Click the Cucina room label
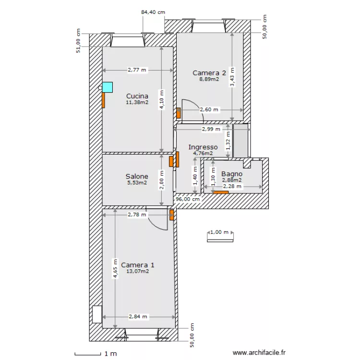click(137, 96)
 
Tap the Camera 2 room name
click(209, 73)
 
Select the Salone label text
click(137, 176)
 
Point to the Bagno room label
click(232, 174)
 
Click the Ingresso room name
click(203, 147)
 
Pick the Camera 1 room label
click(138, 265)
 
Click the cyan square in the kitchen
click(108, 87)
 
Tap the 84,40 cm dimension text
click(153, 12)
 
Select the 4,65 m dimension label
click(115, 269)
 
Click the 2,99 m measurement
click(211, 129)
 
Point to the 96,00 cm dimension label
click(188, 199)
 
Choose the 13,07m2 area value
click(138, 271)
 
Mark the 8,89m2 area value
click(209, 79)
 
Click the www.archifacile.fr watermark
click(259, 352)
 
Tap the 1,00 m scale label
click(219, 232)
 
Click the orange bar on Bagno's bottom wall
click(221, 192)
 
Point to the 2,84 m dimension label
click(138, 317)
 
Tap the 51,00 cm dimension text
click(78, 41)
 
